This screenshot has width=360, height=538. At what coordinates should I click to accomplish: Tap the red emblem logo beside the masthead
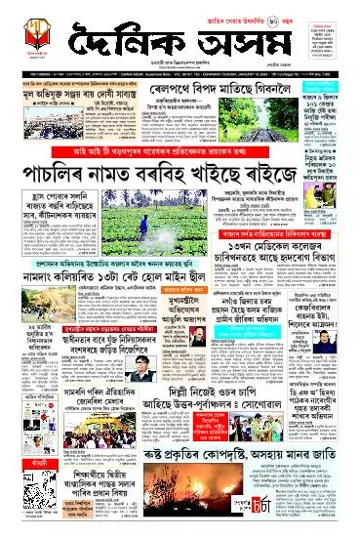point(33,45)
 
